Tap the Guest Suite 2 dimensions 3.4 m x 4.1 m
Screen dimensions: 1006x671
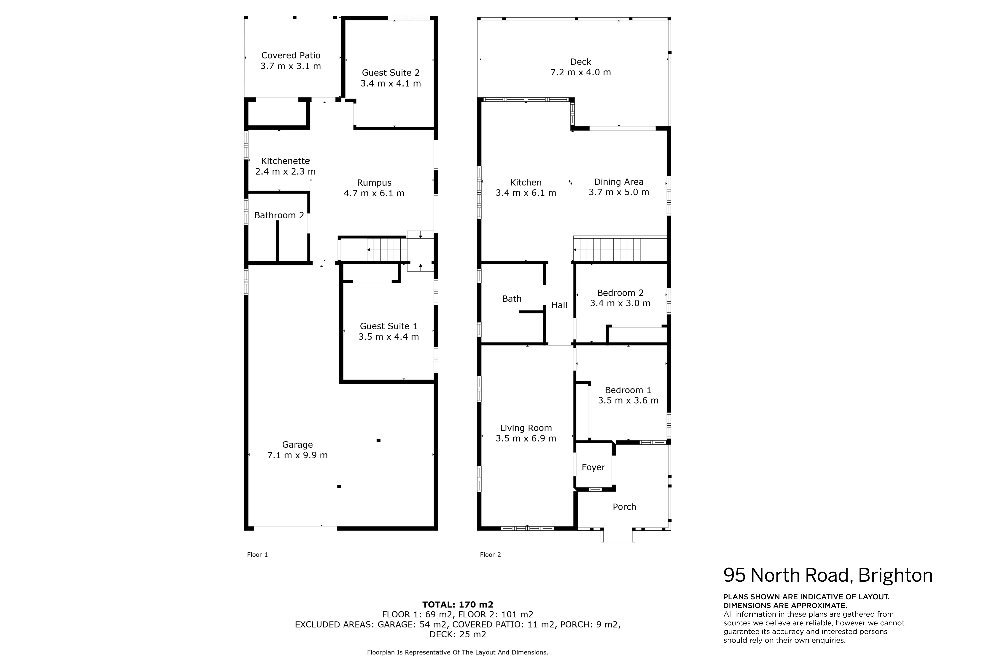pyautogui.click(x=391, y=83)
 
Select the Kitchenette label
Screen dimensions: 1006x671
pyautogui.click(x=285, y=161)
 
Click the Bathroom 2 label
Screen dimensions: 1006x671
pyautogui.click(x=279, y=215)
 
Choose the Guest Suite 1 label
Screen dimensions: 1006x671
pyautogui.click(x=389, y=326)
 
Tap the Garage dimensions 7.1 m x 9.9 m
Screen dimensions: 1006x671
pyautogui.click(x=297, y=455)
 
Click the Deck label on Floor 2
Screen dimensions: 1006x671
pyautogui.click(x=581, y=62)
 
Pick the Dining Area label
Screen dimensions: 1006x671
pyautogui.click(x=619, y=182)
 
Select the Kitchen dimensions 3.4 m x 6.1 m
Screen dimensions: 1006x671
pyautogui.click(x=526, y=193)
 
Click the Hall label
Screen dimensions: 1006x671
pyautogui.click(x=559, y=305)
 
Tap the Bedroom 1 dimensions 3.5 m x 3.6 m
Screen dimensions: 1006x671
pyautogui.click(x=628, y=400)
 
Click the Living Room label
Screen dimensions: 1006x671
pyautogui.click(x=526, y=428)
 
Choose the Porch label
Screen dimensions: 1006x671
pyautogui.click(x=624, y=507)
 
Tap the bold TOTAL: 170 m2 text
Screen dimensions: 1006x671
pyautogui.click(x=458, y=605)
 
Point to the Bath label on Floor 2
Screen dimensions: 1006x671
pyautogui.click(x=512, y=299)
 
